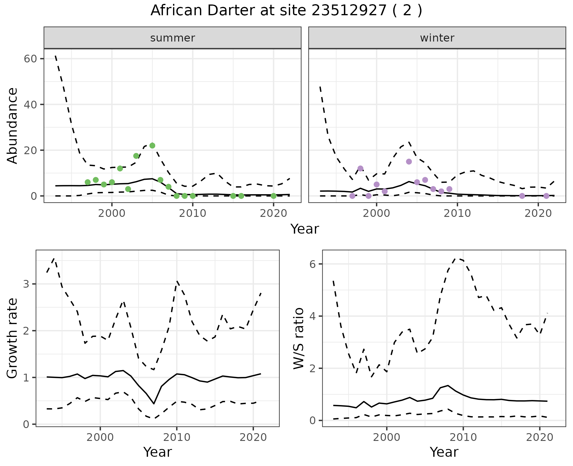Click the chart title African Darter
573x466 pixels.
(286, 11)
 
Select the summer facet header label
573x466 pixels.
(172, 38)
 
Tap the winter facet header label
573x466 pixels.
(437, 38)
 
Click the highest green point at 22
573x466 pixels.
(152, 145)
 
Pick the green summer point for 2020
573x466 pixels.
(273, 196)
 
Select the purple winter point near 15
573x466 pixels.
(409, 162)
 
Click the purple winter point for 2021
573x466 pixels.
(546, 196)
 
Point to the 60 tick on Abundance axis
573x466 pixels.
(30, 59)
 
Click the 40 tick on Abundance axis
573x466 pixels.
(30, 105)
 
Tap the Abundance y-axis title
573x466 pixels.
(13, 125)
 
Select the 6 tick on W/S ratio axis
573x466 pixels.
(312, 264)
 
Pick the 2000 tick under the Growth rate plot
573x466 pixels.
(100, 437)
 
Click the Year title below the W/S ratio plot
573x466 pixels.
(444, 452)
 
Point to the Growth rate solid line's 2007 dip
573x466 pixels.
(154, 404)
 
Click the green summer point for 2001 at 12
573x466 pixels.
(120, 168)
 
